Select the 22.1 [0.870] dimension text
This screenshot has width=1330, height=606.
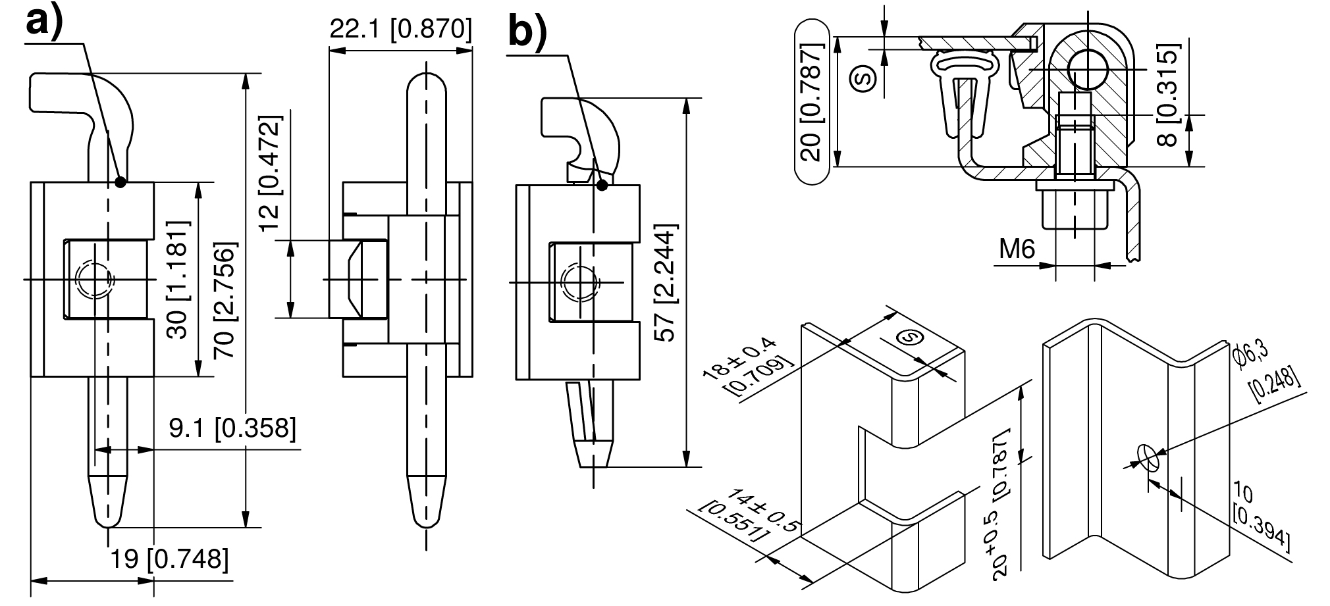400,30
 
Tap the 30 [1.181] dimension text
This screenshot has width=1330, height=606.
177,280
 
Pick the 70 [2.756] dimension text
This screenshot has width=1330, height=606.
225,301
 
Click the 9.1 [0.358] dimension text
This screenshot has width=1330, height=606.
232,428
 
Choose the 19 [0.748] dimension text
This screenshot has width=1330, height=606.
170,559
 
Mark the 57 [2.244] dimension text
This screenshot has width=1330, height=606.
668,284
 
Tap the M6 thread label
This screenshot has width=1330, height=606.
1017,249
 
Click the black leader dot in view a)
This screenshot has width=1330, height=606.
120,182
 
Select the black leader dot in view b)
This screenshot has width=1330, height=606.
602,186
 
